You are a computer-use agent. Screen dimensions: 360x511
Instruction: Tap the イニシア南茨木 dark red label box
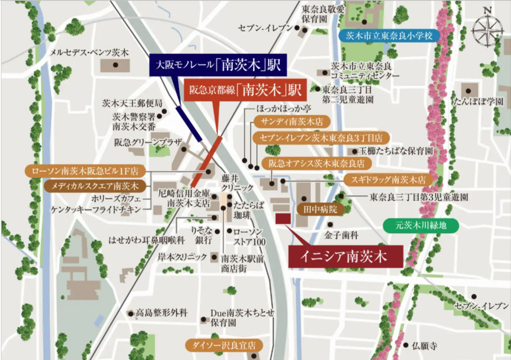[x=345, y=257]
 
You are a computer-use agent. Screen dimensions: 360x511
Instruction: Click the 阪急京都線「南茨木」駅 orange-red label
[x=246, y=90]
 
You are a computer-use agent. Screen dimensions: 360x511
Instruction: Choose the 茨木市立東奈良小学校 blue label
[x=389, y=36]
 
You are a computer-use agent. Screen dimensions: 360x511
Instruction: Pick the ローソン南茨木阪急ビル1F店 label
[x=84, y=171]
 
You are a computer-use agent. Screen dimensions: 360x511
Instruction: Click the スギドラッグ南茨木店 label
[x=388, y=179]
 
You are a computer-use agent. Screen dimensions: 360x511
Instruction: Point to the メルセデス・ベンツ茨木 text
[x=89, y=52]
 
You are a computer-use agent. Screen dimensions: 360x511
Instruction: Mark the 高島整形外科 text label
[x=161, y=313]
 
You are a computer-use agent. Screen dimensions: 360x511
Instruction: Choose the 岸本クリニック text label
[x=183, y=257]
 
